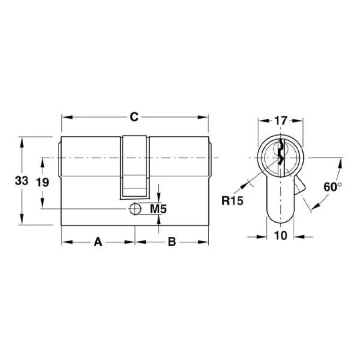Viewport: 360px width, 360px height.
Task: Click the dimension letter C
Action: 134,117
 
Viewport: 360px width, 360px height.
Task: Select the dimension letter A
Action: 98,242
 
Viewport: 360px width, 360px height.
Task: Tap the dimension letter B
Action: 172,242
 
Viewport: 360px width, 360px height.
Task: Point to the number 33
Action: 22,181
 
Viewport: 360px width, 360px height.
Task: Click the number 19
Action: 42,183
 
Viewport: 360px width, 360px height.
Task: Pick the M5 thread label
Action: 158,209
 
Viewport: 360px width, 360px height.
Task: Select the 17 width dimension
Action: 281,121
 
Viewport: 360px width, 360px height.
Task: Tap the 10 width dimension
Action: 280,235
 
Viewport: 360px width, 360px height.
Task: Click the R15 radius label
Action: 232,201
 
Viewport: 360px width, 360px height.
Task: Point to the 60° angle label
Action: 333,187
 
